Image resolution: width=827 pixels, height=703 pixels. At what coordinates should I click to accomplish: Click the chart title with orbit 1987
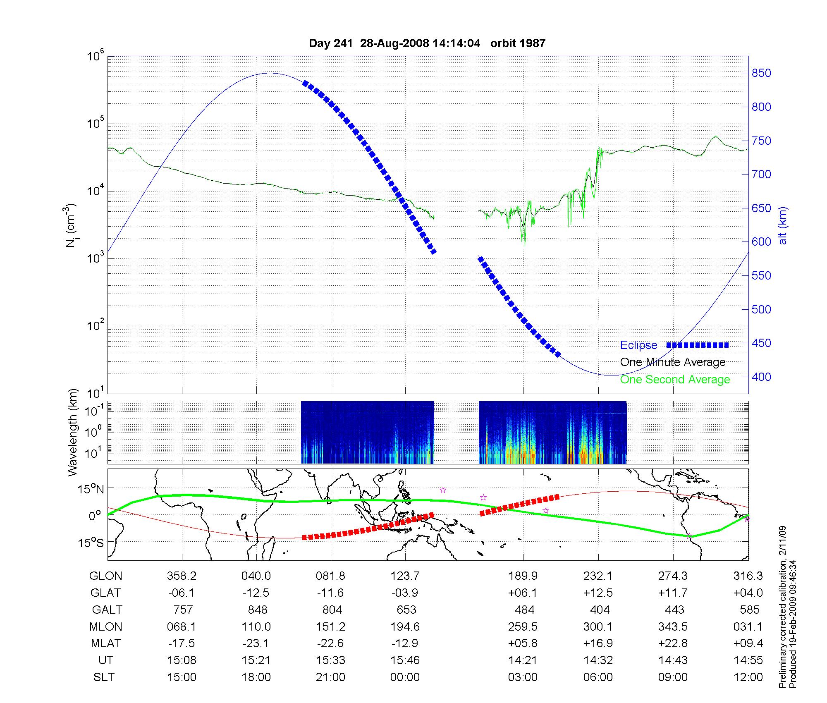point(427,43)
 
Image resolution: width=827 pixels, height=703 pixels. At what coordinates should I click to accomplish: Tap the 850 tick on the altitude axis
point(761,73)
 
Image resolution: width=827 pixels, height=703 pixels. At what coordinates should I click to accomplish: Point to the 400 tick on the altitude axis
point(761,377)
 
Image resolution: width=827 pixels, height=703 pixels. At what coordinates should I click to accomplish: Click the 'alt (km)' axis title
point(783,225)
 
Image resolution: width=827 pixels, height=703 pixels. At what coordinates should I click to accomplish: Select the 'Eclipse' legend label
point(638,345)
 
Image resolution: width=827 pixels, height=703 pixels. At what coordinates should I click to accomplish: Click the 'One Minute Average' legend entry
point(673,362)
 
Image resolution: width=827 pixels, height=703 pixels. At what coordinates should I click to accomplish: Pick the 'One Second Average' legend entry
point(675,380)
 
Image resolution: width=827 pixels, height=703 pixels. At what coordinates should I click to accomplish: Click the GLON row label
point(106,576)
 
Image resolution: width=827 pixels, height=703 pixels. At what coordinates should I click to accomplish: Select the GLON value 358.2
point(182,576)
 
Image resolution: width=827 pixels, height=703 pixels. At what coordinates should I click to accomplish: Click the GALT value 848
point(257,610)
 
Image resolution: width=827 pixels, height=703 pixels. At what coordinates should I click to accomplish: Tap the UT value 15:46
point(405,660)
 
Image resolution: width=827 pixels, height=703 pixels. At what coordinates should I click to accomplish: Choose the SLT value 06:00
point(598,677)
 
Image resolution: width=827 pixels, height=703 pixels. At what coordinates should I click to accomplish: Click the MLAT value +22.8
point(673,643)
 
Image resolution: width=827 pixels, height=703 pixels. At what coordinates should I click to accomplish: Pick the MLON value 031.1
point(748,627)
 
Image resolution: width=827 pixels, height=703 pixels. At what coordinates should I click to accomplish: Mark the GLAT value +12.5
point(598,593)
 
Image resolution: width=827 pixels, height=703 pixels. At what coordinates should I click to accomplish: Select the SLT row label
point(104,677)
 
